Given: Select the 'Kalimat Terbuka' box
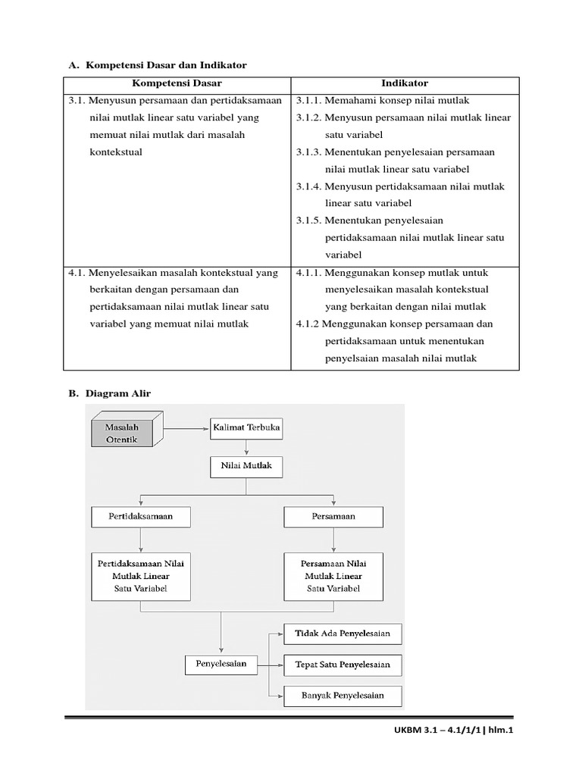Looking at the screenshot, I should tap(247, 427).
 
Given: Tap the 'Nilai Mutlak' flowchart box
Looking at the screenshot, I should tap(246, 467).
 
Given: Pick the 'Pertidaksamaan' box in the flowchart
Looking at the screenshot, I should tap(141, 517).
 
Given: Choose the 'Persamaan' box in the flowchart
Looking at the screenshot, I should tap(333, 517).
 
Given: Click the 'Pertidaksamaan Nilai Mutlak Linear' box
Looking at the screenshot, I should tap(141, 576).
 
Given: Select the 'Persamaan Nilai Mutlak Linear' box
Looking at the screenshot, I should tap(333, 576).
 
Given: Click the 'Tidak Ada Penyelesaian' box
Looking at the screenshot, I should tap(343, 634).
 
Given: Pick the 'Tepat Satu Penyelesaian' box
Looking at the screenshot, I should tap(343, 665).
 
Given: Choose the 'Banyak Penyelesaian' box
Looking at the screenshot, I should tap(343, 695).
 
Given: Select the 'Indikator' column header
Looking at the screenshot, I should tap(405, 84).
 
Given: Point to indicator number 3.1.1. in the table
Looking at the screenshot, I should tap(309, 101).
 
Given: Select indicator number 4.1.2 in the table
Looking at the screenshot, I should tap(308, 324).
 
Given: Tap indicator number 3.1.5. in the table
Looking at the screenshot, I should tap(309, 221).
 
